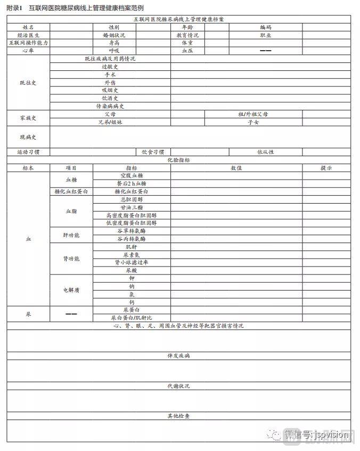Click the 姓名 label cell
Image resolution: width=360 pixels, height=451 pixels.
tap(28, 27)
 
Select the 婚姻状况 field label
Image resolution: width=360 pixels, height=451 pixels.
tap(113, 35)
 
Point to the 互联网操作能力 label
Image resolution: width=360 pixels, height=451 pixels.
tap(28, 43)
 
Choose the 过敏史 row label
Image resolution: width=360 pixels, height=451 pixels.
tap(110, 67)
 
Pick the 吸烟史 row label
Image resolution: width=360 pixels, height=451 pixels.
tap(110, 90)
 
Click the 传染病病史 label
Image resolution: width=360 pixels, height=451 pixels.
tap(110, 106)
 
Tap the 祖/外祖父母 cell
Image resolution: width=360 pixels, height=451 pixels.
tap(253, 114)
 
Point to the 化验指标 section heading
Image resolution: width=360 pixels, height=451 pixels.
tap(178, 159)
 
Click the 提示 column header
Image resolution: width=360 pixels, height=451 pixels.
tap(326, 167)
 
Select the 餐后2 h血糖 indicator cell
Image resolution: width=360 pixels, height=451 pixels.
tap(132, 183)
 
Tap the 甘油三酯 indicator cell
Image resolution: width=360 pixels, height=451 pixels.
tap(132, 207)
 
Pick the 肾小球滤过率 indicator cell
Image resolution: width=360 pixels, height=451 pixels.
tap(132, 262)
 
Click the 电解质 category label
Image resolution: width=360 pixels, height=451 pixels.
tap(71, 290)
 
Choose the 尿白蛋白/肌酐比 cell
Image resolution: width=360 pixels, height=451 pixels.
tap(132, 317)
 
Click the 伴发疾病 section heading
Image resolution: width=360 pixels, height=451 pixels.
tap(178, 355)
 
